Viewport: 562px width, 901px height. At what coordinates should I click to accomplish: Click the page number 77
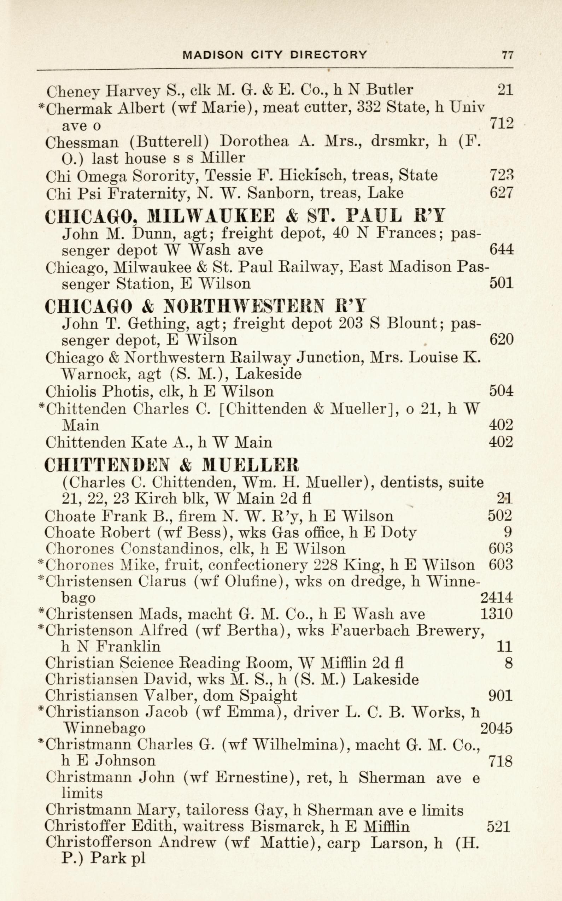point(507,55)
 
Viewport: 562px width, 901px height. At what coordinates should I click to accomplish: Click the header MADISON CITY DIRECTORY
point(275,55)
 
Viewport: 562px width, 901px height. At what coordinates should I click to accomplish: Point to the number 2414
point(496,597)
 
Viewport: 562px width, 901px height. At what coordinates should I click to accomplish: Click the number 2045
point(496,728)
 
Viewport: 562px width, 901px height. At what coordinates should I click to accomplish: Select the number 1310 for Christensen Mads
point(496,614)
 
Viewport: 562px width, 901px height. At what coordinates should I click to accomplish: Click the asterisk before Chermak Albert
point(42,106)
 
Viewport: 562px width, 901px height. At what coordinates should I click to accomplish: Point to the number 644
point(502,249)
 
